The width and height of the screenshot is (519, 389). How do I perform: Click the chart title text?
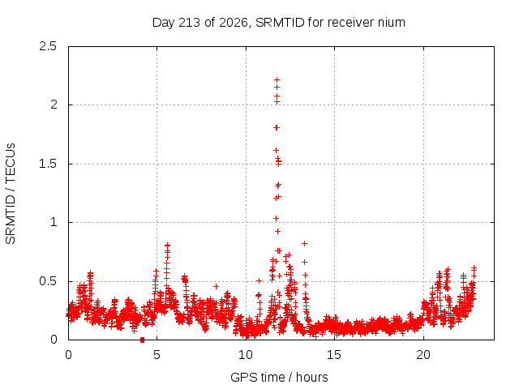click(x=279, y=23)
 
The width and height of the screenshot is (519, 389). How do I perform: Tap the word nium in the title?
click(x=392, y=23)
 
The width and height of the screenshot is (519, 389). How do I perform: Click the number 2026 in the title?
click(x=234, y=23)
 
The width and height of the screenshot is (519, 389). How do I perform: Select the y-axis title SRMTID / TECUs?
click(x=11, y=194)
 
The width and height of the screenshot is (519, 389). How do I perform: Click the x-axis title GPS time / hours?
click(x=279, y=377)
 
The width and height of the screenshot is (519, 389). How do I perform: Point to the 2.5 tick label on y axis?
click(x=48, y=46)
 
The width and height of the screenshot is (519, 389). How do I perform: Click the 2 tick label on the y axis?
click(x=54, y=105)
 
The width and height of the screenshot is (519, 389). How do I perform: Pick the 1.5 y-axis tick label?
click(x=48, y=164)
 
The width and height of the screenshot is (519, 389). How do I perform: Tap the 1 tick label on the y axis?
click(x=54, y=222)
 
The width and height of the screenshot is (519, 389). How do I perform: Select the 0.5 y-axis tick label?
click(x=48, y=281)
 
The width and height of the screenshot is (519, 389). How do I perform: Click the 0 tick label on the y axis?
click(x=54, y=340)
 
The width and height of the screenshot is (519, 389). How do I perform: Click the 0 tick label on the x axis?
click(x=68, y=355)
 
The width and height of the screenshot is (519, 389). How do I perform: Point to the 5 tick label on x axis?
click(x=157, y=355)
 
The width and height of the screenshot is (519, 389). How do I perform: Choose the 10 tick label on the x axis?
click(x=246, y=355)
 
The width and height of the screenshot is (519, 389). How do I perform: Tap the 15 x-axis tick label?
click(x=334, y=355)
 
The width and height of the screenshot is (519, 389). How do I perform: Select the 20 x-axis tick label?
click(x=423, y=355)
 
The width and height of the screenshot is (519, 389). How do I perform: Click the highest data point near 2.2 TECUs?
click(x=277, y=79)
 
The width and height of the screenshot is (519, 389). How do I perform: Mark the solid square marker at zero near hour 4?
click(x=143, y=340)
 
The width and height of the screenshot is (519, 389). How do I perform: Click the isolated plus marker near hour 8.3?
click(x=217, y=286)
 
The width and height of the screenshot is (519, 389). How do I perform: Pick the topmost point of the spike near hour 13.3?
click(x=305, y=243)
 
